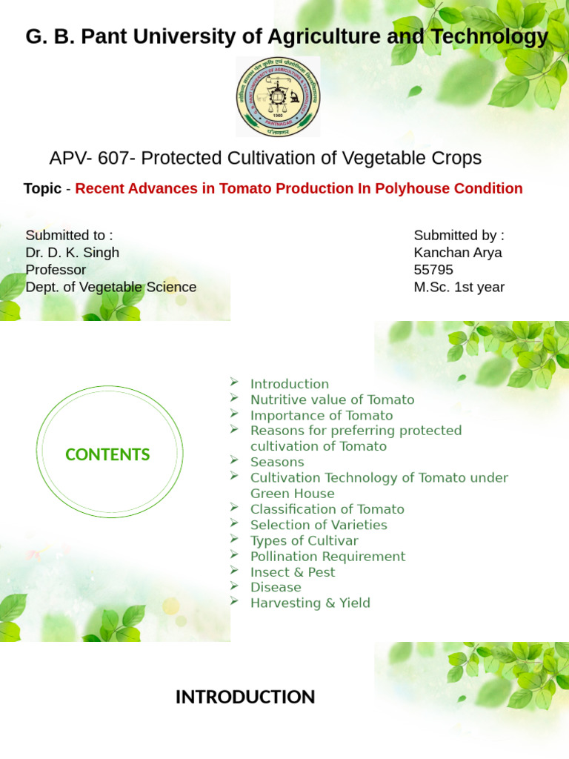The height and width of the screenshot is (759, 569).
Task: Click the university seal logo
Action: [x=279, y=96]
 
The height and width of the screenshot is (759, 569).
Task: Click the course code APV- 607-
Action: [x=93, y=158]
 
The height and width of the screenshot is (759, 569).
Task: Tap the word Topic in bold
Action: [x=42, y=188]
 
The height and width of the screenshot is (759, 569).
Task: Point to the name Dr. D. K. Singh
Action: [x=72, y=253]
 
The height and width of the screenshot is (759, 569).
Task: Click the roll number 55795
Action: [x=433, y=270]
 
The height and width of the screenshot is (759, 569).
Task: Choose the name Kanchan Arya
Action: [x=457, y=253]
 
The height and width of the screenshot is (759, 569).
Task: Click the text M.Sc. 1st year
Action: [x=459, y=287]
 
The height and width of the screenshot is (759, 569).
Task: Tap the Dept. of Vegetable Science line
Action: [x=111, y=287]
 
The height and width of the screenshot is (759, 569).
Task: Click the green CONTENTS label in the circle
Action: [x=107, y=455]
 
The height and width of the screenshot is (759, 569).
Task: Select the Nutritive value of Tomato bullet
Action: [x=332, y=400]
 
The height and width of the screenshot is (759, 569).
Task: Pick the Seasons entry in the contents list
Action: [x=277, y=462]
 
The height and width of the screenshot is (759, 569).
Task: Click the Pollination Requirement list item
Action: [x=327, y=556]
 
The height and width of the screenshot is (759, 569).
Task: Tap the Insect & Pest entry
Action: [x=292, y=571]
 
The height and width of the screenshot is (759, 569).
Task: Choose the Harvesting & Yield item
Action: [x=310, y=603]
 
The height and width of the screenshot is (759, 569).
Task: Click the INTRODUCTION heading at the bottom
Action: [x=245, y=697]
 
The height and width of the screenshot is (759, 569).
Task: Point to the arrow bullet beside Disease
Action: [x=234, y=586]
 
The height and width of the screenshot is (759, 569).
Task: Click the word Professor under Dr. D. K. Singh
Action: [x=56, y=270]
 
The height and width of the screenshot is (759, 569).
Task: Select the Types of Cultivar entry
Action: [x=304, y=540]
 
